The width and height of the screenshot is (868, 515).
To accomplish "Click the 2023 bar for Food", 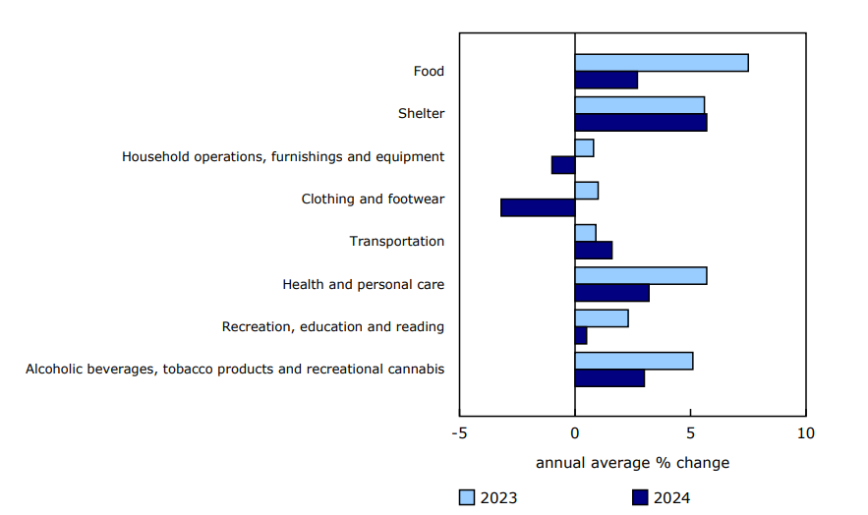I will (x=661, y=63).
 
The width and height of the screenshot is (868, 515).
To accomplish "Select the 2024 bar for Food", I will (x=606, y=81).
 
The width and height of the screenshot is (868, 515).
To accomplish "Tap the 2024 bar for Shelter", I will (x=640, y=123).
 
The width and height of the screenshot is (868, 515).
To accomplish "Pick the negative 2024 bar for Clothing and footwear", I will (x=538, y=207).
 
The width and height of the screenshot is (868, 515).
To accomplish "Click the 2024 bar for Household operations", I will (x=563, y=165).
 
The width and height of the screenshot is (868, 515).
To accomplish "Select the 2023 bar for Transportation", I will (x=585, y=233).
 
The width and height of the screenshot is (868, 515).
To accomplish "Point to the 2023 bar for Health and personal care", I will (x=640, y=275).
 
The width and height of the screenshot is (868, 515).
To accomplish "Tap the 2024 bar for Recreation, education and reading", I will (x=581, y=336).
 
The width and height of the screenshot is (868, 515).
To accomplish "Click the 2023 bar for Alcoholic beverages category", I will (x=633, y=361).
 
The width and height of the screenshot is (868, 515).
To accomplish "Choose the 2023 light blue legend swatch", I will (x=467, y=497).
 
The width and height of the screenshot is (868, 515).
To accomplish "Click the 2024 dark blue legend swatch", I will (x=639, y=497).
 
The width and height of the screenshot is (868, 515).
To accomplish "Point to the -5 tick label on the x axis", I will (x=459, y=433).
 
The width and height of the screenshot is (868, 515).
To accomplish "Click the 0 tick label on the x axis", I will (x=575, y=433).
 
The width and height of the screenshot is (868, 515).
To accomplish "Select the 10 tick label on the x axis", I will (x=805, y=433).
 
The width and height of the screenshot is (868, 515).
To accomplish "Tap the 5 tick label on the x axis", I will (x=690, y=433).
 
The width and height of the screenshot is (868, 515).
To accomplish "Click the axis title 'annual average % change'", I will (x=632, y=462).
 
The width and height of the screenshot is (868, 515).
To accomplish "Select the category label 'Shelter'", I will (x=421, y=114).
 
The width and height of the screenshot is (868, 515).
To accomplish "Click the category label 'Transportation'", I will (x=397, y=242).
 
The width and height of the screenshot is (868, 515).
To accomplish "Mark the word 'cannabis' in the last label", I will (x=416, y=370).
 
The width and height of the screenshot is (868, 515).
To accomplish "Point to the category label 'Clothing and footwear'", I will (x=373, y=200).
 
